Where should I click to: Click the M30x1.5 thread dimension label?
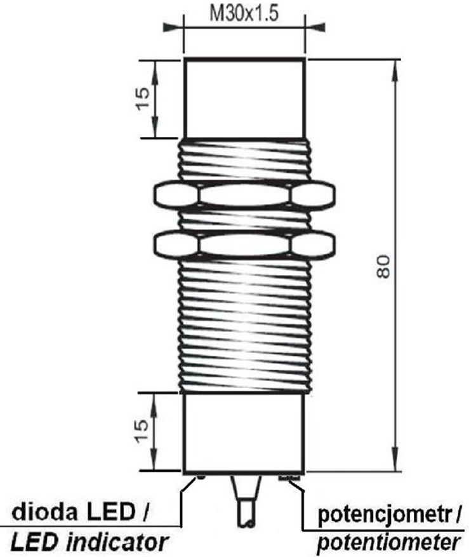[244, 14]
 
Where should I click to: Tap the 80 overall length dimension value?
[383, 266]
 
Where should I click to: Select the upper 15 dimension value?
[143, 98]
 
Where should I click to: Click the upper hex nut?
[244, 194]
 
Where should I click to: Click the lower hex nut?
[244, 244]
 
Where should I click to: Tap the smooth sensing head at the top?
[244, 98]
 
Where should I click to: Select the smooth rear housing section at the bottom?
[244, 433]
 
